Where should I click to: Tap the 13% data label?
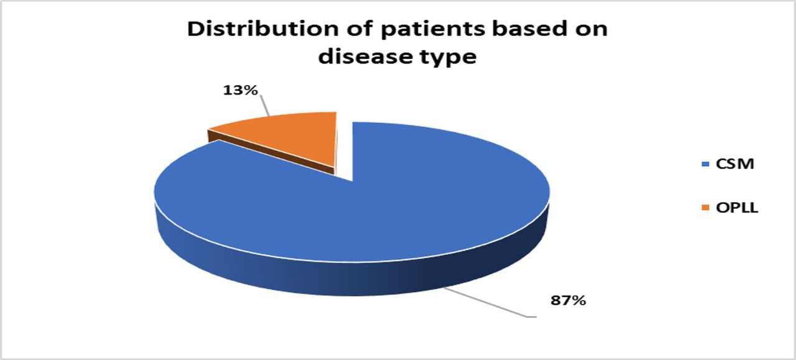[240, 90]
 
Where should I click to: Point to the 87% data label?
[568, 301]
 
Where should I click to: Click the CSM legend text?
[735, 164]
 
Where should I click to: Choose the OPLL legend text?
[737, 208]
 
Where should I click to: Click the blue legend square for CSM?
[705, 165]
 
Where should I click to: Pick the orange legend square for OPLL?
[705, 208]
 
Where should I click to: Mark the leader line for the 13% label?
[265, 105]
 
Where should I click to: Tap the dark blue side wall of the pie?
[355, 277]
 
